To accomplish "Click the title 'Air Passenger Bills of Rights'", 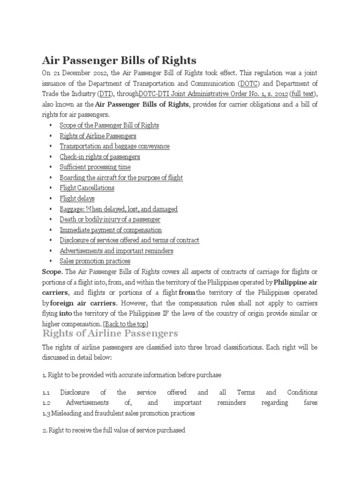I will click(119, 60).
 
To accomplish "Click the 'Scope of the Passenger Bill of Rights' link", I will click(109, 126).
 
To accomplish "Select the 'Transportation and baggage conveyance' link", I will click(114, 146).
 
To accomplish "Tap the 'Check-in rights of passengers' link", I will click(100, 157).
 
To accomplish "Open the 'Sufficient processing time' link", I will click(95, 167).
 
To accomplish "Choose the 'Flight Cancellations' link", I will click(87, 188).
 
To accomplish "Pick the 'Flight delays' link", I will click(77, 198).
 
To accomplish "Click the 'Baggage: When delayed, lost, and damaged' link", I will click(119, 209).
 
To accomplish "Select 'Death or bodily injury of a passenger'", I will click(110, 219).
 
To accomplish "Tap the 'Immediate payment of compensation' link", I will click(111, 230).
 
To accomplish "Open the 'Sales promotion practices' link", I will click(95, 261).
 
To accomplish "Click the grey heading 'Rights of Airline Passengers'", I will click(110, 334).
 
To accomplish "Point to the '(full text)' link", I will click(298, 94).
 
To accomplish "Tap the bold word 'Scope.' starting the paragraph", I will click(52, 271).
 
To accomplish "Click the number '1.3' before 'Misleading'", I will click(47, 413).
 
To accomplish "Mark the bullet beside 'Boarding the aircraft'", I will click(50, 178).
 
